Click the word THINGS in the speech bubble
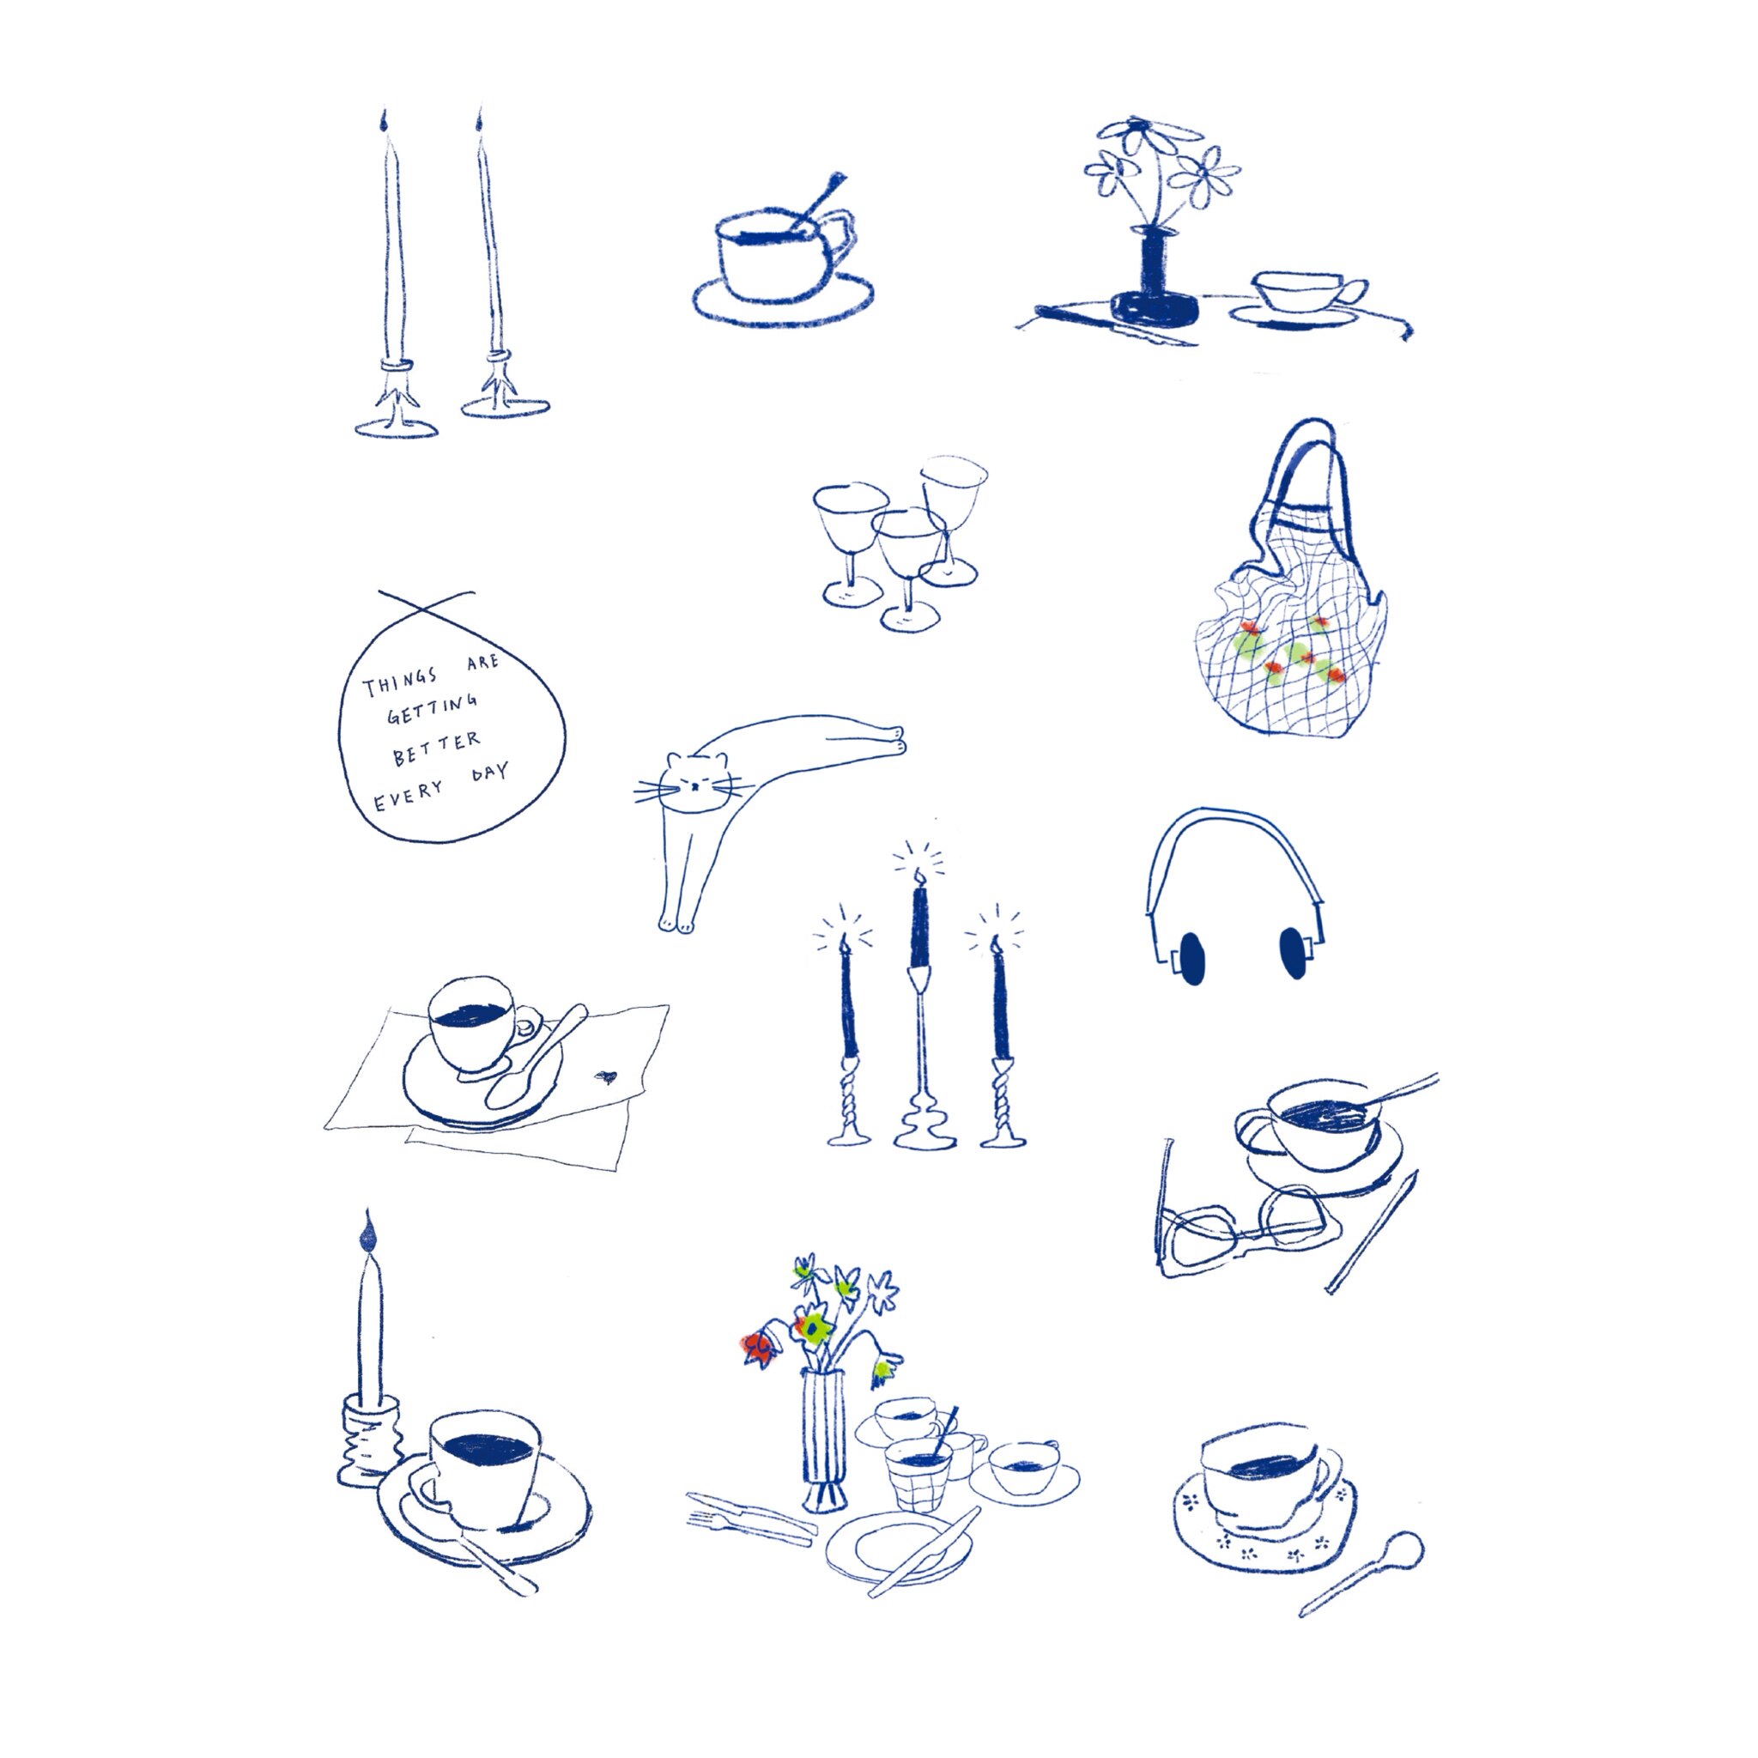click(x=400, y=682)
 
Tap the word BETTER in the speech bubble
click(x=436, y=748)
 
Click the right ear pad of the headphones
click(x=1292, y=952)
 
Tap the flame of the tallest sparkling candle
click(x=920, y=876)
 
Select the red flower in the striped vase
click(x=756, y=1347)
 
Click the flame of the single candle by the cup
click(x=367, y=1234)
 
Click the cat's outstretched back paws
click(x=896, y=739)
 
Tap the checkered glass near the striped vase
click(x=919, y=1474)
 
